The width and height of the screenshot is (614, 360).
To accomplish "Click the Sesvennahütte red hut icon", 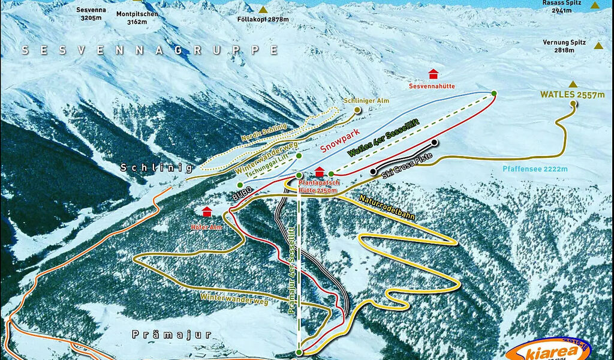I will [x=433, y=74].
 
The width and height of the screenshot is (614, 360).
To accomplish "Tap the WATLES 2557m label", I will [x=571, y=94].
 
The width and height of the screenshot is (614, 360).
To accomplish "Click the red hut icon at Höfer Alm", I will [x=207, y=211].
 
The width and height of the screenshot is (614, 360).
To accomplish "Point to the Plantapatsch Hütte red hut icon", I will [x=320, y=172].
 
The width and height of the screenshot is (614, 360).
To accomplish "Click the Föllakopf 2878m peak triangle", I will [x=263, y=10].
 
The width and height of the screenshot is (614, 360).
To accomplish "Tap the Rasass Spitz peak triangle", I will [x=594, y=5].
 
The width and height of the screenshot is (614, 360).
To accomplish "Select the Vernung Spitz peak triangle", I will [x=598, y=46].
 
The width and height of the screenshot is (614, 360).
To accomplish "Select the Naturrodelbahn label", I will [x=387, y=206].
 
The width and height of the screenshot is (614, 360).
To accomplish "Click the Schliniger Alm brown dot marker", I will [x=358, y=110].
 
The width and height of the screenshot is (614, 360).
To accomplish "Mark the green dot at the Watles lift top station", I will [x=493, y=93].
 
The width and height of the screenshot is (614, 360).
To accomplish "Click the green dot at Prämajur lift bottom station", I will [x=299, y=352].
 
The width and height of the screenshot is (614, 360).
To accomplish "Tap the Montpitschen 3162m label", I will [x=137, y=17].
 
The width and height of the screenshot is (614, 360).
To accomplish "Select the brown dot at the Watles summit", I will [x=574, y=104].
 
